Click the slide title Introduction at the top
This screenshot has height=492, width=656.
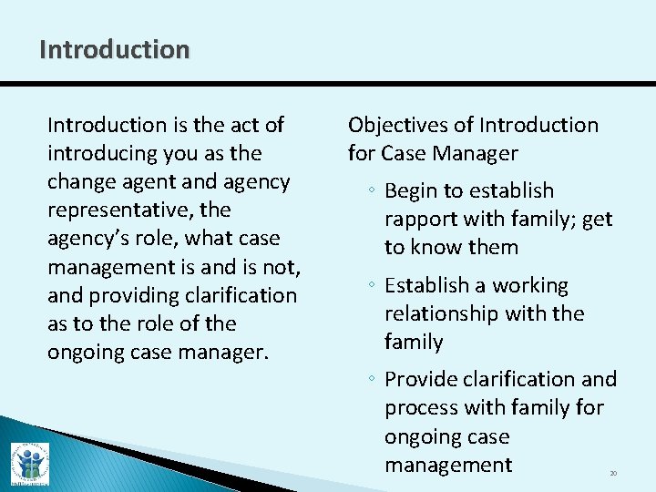(115, 49)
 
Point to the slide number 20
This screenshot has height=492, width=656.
(613, 474)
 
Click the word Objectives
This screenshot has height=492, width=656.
(409, 125)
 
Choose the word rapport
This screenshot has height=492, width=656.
(423, 219)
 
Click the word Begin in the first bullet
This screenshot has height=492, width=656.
(413, 190)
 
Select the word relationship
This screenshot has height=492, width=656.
(438, 313)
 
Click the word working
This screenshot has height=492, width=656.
(530, 285)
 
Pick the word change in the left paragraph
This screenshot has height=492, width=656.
(78, 181)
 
